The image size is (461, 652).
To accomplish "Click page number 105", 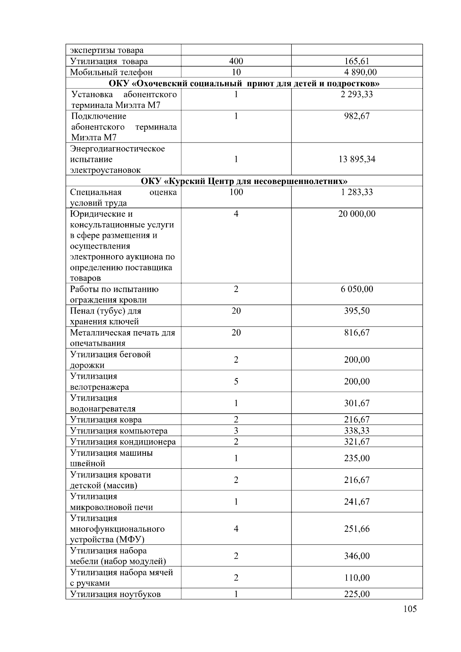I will point(410,609).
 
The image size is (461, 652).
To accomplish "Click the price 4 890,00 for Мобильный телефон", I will point(357,72).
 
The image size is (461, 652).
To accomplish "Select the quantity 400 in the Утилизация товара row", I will point(236,61).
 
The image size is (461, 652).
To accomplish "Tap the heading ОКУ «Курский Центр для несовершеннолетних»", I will point(244,181).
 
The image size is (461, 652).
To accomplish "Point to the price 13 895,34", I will point(357,159).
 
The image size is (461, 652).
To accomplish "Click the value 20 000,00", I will point(357,214).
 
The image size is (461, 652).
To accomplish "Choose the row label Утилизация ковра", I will point(106,420).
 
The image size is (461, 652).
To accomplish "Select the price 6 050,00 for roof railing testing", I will point(357,289).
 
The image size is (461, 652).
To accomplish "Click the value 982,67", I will point(357,116).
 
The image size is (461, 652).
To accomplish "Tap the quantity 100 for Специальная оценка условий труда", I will point(236,192).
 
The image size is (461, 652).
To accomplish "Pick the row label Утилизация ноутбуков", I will point(115,594).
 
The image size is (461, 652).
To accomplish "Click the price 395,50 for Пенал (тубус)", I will point(357,311).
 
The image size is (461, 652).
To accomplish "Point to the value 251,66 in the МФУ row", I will point(357,529).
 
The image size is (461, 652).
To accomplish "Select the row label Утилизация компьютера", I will point(119,431).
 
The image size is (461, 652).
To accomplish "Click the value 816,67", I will point(357,333).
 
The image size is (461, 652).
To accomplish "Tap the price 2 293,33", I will point(357,95).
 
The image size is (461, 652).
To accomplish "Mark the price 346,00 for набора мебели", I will point(357,556).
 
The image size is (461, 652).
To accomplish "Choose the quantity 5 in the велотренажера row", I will point(236,382).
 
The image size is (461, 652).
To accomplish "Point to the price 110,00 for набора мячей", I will point(357,578).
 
